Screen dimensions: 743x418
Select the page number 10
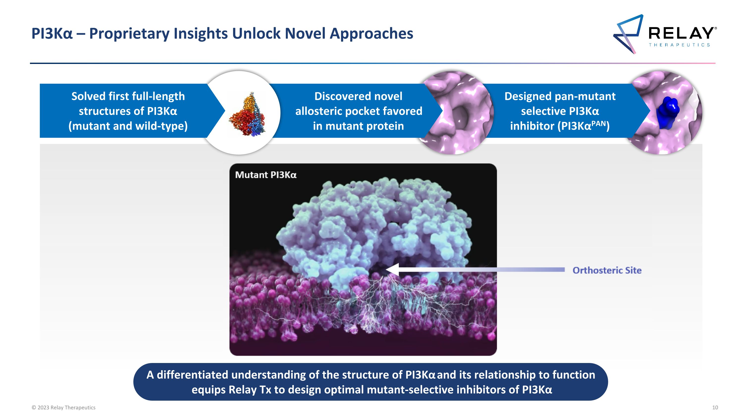point(715,408)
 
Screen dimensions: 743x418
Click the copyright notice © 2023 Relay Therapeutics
point(63,408)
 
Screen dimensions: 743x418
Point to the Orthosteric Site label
point(607,270)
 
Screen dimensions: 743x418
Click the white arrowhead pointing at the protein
point(392,269)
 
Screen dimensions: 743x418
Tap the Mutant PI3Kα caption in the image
point(266,175)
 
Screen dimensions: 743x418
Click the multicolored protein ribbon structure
point(247,114)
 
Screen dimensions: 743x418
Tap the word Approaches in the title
point(371,34)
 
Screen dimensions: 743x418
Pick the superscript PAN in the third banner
point(599,123)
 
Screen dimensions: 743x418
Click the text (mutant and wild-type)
point(128,126)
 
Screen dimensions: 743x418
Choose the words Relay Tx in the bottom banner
point(250,390)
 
